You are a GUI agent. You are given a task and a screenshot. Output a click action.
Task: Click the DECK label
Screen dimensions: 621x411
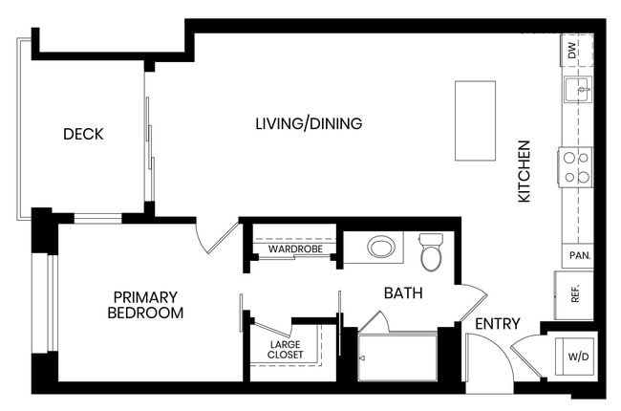pyautogui.click(x=83, y=134)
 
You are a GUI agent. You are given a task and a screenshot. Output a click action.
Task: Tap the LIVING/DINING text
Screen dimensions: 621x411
pyautogui.click(x=309, y=123)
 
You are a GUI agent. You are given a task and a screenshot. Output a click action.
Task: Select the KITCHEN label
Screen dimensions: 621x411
pyautogui.click(x=524, y=171)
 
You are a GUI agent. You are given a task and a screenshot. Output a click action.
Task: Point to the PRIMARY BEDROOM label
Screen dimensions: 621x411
pyautogui.click(x=145, y=305)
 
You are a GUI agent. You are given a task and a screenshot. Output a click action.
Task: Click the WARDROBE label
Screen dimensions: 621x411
pyautogui.click(x=295, y=249)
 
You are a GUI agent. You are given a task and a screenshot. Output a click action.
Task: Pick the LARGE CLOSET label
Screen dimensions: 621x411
pyautogui.click(x=285, y=350)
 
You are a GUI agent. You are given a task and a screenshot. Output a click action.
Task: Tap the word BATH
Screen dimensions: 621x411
pyautogui.click(x=403, y=292)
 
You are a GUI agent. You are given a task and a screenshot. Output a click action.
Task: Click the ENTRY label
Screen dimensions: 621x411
pyautogui.click(x=498, y=324)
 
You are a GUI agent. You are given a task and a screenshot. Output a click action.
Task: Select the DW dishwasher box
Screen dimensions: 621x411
pyautogui.click(x=577, y=51)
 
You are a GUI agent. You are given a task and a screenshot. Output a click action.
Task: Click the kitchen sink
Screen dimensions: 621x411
pyautogui.click(x=578, y=90)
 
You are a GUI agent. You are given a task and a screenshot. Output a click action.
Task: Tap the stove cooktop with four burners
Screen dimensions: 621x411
pyautogui.click(x=576, y=167)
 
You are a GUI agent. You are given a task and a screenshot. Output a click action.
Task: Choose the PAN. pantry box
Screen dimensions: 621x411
pyautogui.click(x=578, y=255)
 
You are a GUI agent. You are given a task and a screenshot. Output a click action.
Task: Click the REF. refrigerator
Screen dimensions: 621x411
pyautogui.click(x=574, y=295)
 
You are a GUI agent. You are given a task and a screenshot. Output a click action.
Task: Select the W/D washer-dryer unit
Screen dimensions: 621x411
pyautogui.click(x=574, y=357)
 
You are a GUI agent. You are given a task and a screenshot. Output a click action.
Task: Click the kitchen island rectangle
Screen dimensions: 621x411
pyautogui.click(x=475, y=120)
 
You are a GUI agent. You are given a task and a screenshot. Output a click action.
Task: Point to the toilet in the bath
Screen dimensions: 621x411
pyautogui.click(x=431, y=252)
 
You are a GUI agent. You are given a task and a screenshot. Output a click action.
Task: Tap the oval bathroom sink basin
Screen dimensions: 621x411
pyautogui.click(x=381, y=247)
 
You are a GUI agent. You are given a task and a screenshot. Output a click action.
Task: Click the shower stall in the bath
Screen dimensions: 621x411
pyautogui.click(x=397, y=357)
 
